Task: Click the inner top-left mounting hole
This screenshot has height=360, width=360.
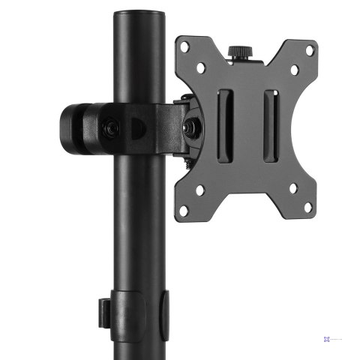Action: (202, 68)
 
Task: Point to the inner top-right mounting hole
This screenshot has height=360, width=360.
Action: (294, 70)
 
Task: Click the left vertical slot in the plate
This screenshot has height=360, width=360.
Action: (223, 124)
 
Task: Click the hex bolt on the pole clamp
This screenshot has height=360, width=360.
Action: (110, 127)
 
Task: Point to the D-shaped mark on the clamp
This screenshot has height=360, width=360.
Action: (136, 128)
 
